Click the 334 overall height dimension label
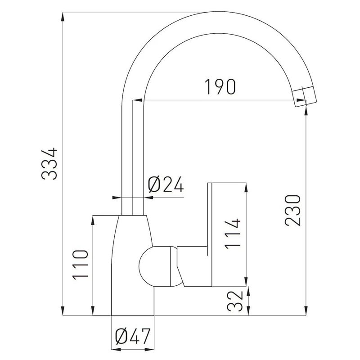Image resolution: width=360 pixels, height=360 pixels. point(49,163)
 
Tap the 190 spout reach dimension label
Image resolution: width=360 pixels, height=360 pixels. point(220,87)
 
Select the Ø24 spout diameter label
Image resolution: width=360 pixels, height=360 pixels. point(166,184)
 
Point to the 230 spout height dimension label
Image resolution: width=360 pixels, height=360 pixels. point(292,210)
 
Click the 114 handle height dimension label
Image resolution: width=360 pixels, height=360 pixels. point(233,234)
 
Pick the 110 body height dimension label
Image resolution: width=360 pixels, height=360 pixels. point(80,265)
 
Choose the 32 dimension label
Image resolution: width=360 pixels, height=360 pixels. point(235,301)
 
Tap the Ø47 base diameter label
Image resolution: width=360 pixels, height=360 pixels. point(133,336)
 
